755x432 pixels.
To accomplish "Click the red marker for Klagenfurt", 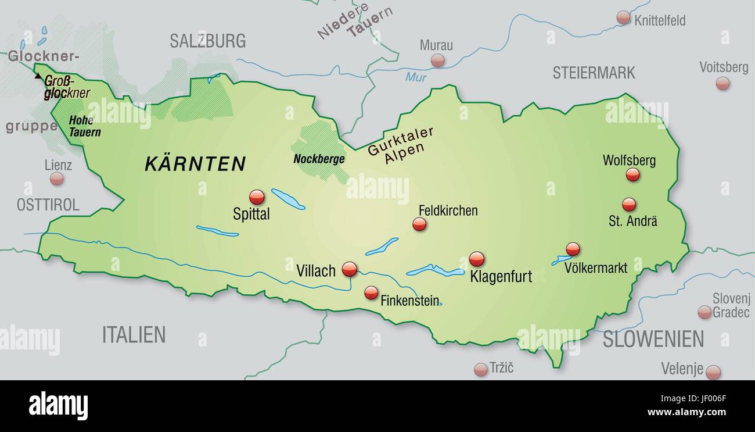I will click(477, 259).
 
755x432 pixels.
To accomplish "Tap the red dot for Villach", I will click(349, 269).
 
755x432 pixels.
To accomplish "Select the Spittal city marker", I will click(257, 197).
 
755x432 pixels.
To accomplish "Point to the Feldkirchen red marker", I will click(419, 224).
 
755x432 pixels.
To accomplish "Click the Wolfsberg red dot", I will click(632, 174).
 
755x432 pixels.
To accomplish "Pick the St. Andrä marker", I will click(628, 205).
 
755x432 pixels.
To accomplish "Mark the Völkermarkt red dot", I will click(573, 249).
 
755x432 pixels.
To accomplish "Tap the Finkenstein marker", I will click(371, 293).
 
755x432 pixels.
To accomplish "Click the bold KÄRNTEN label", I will click(195, 164).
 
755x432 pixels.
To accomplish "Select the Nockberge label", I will click(319, 159).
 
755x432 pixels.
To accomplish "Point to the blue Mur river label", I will click(416, 77).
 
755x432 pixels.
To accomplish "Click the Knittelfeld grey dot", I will click(623, 17).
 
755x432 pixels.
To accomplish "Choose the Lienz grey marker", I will click(56, 178).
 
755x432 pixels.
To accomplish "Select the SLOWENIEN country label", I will click(653, 339).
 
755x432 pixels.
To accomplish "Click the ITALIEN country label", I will click(134, 334).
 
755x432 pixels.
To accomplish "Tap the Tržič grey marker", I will click(480, 369).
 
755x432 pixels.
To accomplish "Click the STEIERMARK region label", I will click(594, 73).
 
